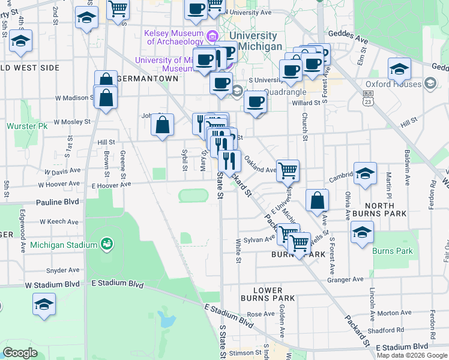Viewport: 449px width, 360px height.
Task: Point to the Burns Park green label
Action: click(x=393, y=251)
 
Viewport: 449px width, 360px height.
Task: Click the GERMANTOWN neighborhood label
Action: click(x=148, y=79)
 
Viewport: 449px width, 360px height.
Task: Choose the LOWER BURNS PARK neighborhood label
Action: click(x=268, y=294)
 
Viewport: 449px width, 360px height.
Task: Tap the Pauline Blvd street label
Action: click(x=58, y=203)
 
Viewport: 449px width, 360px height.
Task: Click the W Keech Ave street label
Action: click(x=61, y=221)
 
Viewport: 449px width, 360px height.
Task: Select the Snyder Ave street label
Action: click(x=62, y=271)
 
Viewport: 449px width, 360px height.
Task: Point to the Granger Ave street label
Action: click(x=345, y=280)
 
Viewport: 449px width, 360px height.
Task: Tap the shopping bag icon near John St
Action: click(x=162, y=125)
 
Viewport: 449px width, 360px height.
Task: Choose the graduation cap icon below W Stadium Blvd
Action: click(x=44, y=305)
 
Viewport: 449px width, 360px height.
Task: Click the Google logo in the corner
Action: click(x=20, y=353)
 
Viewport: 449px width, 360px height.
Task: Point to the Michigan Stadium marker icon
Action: click(x=106, y=244)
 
